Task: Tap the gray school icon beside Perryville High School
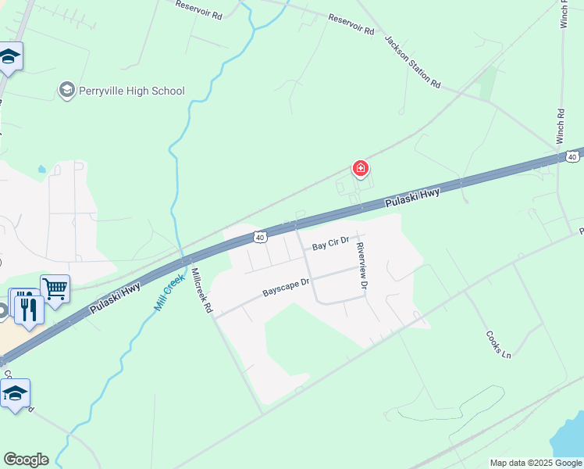click(66, 91)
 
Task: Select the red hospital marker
click(361, 168)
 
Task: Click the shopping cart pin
click(55, 288)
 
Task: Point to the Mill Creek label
click(169, 292)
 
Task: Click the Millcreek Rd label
click(201, 292)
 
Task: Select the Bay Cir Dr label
click(329, 245)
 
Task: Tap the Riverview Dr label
click(361, 266)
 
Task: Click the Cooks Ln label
click(497, 344)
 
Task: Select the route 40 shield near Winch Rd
click(572, 156)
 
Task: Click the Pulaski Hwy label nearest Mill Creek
click(116, 298)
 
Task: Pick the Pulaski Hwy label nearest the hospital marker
click(413, 196)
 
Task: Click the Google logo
click(26, 460)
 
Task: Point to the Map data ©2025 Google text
click(536, 463)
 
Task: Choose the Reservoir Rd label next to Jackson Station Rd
click(351, 23)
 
